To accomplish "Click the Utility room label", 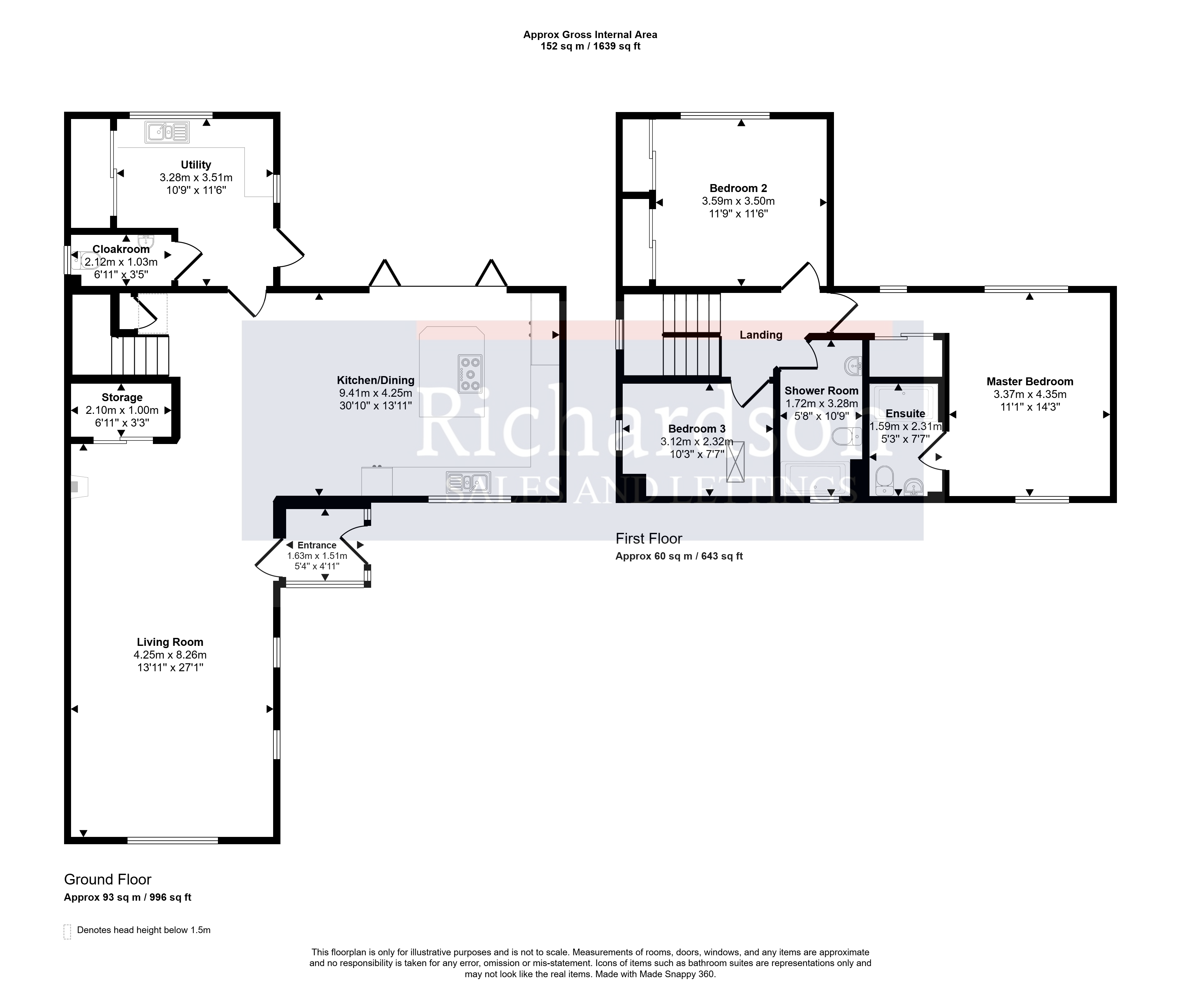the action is (196, 164).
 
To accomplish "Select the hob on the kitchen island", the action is (470, 373).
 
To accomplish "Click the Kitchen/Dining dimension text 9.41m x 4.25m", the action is (376, 393).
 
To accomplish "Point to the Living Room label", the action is (170, 642).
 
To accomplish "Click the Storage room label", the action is (122, 397).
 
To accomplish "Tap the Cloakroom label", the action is (121, 249).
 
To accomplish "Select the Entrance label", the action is (317, 545).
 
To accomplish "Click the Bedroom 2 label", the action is (738, 188).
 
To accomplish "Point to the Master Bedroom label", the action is (1030, 381).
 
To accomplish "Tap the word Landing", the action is (761, 335).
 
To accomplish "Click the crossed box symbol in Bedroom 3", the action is (736, 461).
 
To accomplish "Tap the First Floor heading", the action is (649, 539).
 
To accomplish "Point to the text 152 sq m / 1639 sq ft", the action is (590, 46).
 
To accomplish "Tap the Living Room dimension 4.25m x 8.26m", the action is (170, 655).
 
